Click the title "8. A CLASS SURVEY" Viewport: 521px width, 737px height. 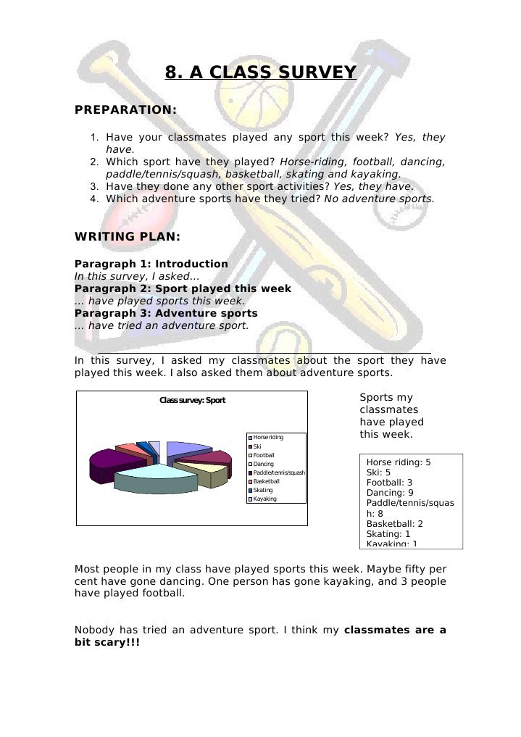pyautogui.click(x=261, y=72)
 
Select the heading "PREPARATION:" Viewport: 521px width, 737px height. pyautogui.click(x=125, y=109)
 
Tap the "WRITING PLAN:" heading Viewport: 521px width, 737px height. pyautogui.click(x=128, y=237)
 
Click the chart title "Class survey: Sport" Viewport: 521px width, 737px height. pyautogui.click(x=192, y=401)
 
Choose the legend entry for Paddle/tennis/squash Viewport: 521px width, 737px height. pyautogui.click(x=278, y=472)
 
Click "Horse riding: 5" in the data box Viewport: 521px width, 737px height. pyautogui.click(x=399, y=462)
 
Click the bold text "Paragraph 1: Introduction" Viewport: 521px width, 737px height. pyautogui.click(x=151, y=265)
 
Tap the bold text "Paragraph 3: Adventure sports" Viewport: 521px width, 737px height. pyautogui.click(x=166, y=314)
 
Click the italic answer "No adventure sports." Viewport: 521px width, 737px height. pyautogui.click(x=379, y=199)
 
